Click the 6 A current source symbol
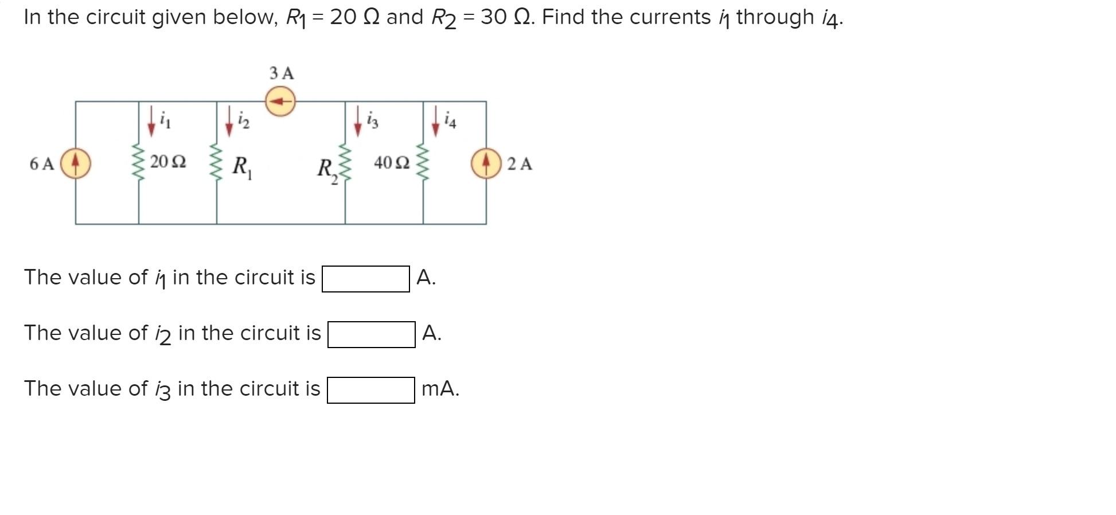pyautogui.click(x=76, y=163)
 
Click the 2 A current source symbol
pyautogui.click(x=486, y=163)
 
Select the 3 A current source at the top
pyautogui.click(x=280, y=102)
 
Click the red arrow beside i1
pyautogui.click(x=151, y=121)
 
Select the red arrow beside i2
pyautogui.click(x=229, y=121)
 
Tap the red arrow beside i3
pyautogui.click(x=358, y=121)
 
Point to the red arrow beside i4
pyautogui.click(x=436, y=121)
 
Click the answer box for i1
pyautogui.click(x=365, y=279)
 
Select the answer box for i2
pyautogui.click(x=371, y=334)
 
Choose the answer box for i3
pyautogui.click(x=370, y=390)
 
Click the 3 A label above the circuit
pyautogui.click(x=282, y=73)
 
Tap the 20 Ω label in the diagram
pyautogui.click(x=168, y=162)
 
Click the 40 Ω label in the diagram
pyautogui.click(x=392, y=163)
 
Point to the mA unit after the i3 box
pyautogui.click(x=440, y=389)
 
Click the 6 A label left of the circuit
pyautogui.click(x=41, y=164)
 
